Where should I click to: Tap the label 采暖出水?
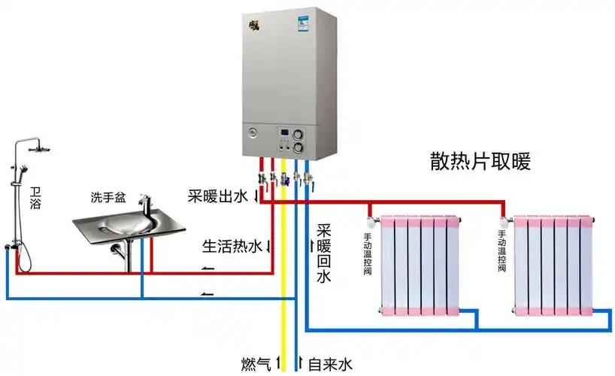[x=217, y=197]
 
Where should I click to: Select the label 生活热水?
[x=232, y=245]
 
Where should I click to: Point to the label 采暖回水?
[x=323, y=254]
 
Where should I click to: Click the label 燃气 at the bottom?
[x=256, y=365]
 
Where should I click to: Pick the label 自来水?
[x=330, y=365]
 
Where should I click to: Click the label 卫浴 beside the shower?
[x=35, y=197]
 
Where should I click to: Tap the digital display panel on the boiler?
[x=285, y=137]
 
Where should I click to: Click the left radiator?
[x=420, y=264]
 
